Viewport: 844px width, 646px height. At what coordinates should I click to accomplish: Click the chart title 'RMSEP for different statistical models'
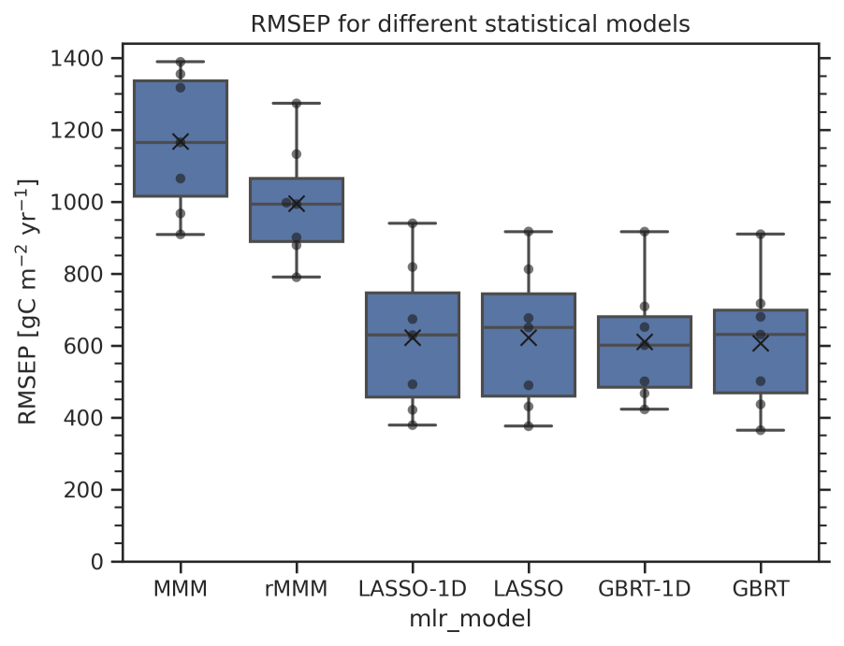[470, 24]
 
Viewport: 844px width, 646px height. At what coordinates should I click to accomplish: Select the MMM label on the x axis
[181, 589]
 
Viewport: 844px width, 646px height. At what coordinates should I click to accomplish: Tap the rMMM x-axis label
[297, 589]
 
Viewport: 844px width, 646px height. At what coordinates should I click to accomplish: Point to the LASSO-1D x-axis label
[412, 589]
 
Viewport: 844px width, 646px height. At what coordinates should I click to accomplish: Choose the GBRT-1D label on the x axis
[644, 589]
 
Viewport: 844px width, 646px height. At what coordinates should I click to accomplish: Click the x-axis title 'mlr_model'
[470, 618]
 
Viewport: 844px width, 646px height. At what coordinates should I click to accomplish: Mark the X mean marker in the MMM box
[181, 141]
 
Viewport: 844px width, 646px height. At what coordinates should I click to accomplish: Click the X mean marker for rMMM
[297, 204]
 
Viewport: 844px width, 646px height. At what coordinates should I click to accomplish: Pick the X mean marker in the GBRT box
[760, 343]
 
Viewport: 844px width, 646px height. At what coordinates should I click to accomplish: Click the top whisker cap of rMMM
[297, 103]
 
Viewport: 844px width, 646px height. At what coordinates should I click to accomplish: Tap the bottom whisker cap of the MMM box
[181, 234]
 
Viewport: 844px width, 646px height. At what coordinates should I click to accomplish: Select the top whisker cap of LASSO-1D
[412, 223]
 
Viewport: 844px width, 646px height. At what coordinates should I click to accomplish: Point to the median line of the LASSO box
[528, 327]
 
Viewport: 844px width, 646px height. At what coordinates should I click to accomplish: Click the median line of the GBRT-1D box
[644, 345]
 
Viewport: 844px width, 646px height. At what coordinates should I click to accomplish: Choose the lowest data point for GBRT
[760, 430]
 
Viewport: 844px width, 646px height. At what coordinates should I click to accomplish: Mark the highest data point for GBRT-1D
[644, 231]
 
